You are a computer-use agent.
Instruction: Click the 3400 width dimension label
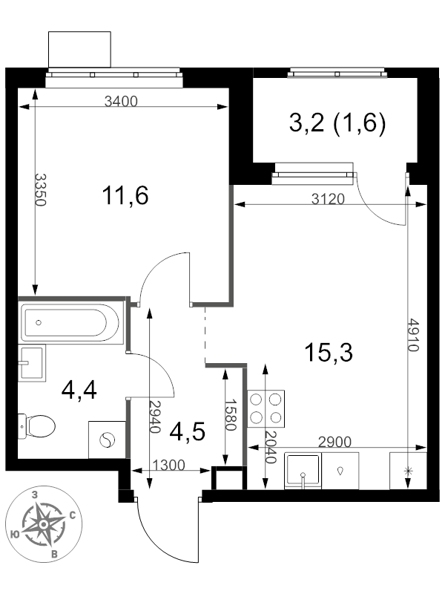121,102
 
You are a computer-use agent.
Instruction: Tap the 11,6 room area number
125,195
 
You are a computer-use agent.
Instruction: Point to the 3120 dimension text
328,199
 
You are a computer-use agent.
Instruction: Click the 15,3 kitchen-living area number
329,352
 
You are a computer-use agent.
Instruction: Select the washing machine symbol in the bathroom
107,440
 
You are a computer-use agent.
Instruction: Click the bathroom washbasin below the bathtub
32,363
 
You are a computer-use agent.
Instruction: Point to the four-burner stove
266,409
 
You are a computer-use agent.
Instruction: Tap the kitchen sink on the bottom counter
303,470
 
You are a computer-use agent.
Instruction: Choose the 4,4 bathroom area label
79,391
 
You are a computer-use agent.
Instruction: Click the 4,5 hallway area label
188,432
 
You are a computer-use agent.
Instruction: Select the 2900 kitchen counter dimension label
335,442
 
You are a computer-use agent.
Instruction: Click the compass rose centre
44,524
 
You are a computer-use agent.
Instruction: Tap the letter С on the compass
73,515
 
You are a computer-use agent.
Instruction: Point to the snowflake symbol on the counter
408,471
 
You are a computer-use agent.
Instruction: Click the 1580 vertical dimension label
231,414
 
